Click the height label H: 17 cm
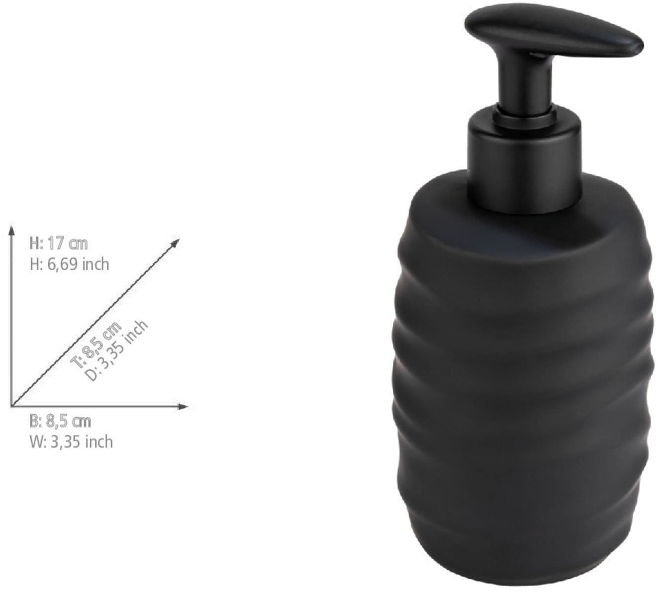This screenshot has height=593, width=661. point(59,244)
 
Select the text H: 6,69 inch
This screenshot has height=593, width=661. point(69,264)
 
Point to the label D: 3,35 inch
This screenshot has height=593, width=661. point(117,351)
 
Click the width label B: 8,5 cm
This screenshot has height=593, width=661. point(60,422)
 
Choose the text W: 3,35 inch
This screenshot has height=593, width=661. point(71,442)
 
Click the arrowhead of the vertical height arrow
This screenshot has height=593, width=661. point(11,230)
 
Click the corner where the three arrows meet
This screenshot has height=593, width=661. point(11,406)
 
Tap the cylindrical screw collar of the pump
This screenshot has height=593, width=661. point(523,154)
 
